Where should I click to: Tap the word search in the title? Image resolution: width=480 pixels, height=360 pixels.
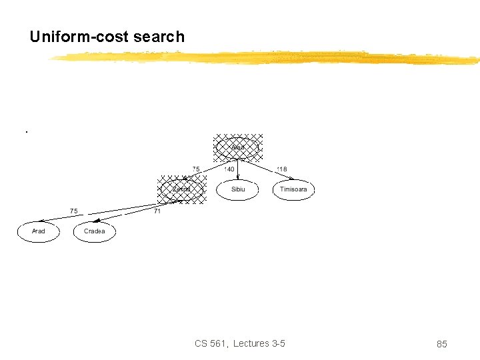click(x=159, y=37)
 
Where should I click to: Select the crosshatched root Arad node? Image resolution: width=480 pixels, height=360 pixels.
click(x=238, y=147)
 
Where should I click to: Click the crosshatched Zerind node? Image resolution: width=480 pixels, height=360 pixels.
click(x=181, y=189)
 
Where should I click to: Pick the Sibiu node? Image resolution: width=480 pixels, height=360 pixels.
click(x=238, y=189)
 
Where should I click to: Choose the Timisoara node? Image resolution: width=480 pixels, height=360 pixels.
click(x=293, y=189)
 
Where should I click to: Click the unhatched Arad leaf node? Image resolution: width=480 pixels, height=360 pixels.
click(x=39, y=231)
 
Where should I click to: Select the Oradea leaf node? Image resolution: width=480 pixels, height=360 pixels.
click(x=94, y=231)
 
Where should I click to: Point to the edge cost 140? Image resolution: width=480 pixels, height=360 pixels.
click(x=229, y=169)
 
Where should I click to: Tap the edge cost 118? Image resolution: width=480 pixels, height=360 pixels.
click(x=282, y=169)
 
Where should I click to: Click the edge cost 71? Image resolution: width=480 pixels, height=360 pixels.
click(x=157, y=211)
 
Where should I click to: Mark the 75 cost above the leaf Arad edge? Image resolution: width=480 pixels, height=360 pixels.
click(x=74, y=211)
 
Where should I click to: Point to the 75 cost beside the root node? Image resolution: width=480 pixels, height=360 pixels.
click(x=197, y=169)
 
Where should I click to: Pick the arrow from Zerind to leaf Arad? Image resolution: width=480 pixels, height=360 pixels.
click(x=100, y=211)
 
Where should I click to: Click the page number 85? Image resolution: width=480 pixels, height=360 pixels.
click(x=441, y=344)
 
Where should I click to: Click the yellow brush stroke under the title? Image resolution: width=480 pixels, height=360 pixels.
click(x=267, y=58)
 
